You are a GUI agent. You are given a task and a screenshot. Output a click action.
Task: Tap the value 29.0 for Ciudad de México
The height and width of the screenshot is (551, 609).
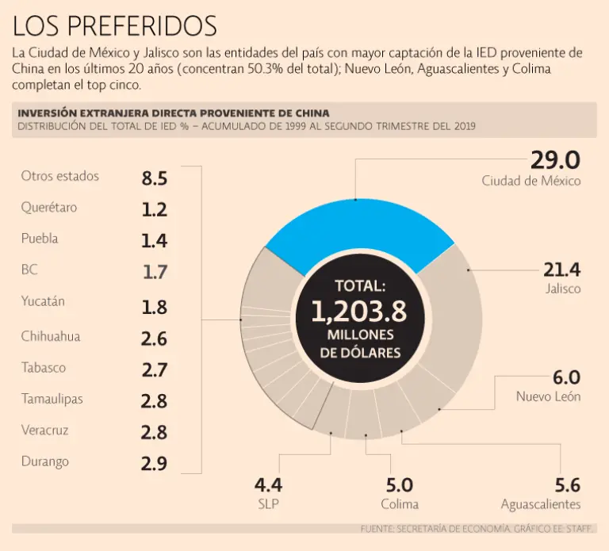coord(554,159)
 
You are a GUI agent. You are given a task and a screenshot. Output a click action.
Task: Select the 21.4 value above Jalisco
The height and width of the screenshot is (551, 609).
coord(561,270)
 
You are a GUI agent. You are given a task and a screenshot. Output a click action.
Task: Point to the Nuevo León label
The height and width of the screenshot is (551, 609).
coord(548,396)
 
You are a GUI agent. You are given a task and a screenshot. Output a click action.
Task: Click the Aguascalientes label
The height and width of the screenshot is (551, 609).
coord(540,504)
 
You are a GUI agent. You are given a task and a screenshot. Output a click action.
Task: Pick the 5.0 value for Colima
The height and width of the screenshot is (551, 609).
coord(399,485)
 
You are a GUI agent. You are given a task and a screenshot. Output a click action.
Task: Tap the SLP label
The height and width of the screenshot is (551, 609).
coord(268,504)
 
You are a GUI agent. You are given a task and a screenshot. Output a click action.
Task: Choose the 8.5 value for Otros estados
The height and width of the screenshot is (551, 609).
coord(154,178)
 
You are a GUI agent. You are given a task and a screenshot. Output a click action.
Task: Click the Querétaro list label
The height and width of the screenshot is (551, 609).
coord(49,208)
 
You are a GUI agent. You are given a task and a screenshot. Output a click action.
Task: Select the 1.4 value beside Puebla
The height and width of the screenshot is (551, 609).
coord(154,241)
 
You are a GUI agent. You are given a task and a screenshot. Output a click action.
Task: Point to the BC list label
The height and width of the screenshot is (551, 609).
coord(29,270)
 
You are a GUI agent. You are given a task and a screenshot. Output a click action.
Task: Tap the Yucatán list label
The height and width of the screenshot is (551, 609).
coord(43,301)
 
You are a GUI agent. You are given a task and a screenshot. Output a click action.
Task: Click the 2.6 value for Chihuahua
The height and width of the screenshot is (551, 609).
coord(154,339)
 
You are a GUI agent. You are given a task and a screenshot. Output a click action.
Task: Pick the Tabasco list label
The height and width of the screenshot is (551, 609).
coord(44,367)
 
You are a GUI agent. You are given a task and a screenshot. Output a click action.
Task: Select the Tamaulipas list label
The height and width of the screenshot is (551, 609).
coord(52,399)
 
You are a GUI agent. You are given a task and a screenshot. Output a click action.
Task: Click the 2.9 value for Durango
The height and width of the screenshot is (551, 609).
coord(154,464)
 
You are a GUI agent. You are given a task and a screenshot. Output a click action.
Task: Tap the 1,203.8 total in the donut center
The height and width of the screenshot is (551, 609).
coord(358,312)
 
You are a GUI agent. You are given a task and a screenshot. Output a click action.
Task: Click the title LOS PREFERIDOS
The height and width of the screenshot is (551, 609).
coord(115,26)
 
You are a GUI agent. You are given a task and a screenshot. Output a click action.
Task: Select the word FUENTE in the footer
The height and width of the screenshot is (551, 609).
coord(379,528)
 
